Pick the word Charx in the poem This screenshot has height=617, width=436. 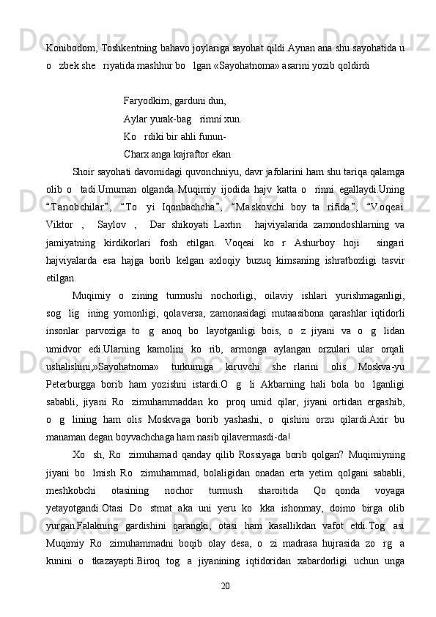136,155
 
